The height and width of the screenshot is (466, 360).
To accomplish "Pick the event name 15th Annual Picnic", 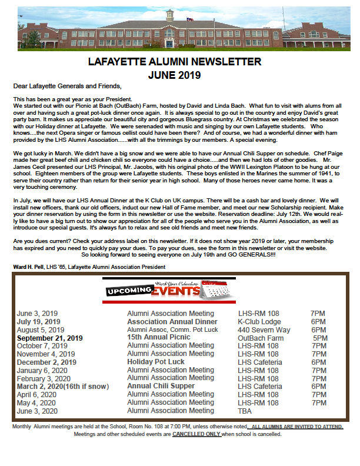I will coord(158,338).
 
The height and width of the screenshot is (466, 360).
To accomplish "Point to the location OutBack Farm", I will coord(261,338).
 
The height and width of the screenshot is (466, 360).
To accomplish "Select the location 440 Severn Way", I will coord(264,329).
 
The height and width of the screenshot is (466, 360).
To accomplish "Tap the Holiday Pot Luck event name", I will coord(156,362).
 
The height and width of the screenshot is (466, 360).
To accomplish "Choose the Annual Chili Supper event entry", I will coord(161,386).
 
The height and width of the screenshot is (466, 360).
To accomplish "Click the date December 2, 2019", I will coord(46,362).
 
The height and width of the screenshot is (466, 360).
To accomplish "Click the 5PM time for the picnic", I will coord(320,338).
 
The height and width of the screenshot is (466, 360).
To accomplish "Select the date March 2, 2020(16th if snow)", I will coord(64,386).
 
